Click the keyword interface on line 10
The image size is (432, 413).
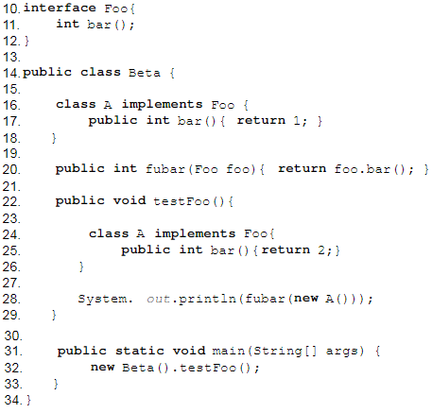[x=60, y=8]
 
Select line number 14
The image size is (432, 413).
[x=11, y=73]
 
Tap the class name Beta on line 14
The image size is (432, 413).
[x=145, y=73]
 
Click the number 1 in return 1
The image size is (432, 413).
[x=297, y=120]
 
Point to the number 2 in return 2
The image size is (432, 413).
[x=321, y=250]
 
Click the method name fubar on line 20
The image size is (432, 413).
[x=165, y=169]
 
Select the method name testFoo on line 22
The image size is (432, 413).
[x=181, y=201]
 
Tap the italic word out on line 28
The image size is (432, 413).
[x=159, y=299]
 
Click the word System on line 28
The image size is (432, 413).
[x=102, y=299]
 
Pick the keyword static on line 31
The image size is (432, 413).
[x=140, y=351]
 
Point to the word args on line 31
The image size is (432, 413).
[x=342, y=352]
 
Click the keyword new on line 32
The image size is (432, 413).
[x=102, y=368]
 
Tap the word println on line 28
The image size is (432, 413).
[x=208, y=299]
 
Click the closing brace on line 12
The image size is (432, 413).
[x=26, y=41]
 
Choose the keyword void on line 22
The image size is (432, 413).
[x=130, y=200]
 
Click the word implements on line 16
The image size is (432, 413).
[x=163, y=105]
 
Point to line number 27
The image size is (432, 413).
[x=11, y=283]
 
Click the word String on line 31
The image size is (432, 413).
[x=278, y=352]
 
